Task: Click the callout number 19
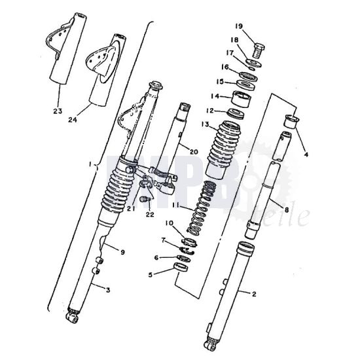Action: (239, 26)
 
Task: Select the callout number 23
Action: (58, 111)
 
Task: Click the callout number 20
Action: (192, 151)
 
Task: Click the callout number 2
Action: (253, 294)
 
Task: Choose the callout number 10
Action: (168, 224)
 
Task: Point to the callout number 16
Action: (225, 67)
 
